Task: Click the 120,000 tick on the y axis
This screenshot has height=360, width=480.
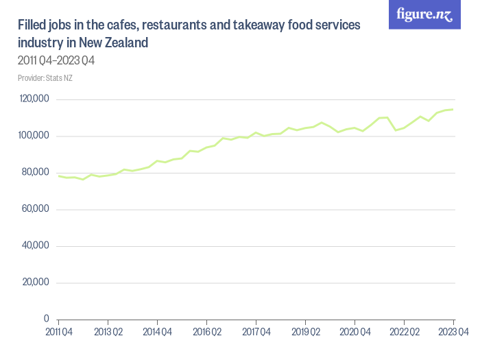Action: pyautogui.click(x=34, y=99)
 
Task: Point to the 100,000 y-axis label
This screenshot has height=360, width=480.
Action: pyautogui.click(x=34, y=136)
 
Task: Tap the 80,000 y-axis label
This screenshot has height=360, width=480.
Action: pyautogui.click(x=35, y=172)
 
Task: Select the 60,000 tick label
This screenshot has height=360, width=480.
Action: pyautogui.click(x=35, y=209)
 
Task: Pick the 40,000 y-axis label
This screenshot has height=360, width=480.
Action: pyautogui.click(x=35, y=245)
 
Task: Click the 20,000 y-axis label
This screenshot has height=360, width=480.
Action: pyautogui.click(x=35, y=283)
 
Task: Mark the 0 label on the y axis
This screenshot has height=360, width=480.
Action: pyautogui.click(x=46, y=319)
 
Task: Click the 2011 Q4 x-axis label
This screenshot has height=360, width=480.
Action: pyautogui.click(x=58, y=333)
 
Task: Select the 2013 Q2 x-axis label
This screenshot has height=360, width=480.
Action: pyautogui.click(x=108, y=333)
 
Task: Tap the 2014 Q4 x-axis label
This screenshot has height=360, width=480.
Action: pyautogui.click(x=157, y=333)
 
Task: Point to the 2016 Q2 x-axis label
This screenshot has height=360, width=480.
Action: pyautogui.click(x=206, y=333)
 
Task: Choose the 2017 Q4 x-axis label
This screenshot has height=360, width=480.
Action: pyautogui.click(x=256, y=333)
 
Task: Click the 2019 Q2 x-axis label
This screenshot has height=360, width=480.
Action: pyautogui.click(x=305, y=333)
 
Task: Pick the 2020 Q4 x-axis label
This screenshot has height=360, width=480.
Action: pyautogui.click(x=355, y=333)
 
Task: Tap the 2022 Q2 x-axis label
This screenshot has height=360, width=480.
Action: pyautogui.click(x=404, y=333)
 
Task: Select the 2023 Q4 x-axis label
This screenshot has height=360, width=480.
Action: pyautogui.click(x=453, y=333)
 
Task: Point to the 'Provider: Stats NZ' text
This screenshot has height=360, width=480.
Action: pyautogui.click(x=45, y=78)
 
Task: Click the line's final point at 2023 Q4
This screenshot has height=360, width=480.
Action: pyautogui.click(x=453, y=110)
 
